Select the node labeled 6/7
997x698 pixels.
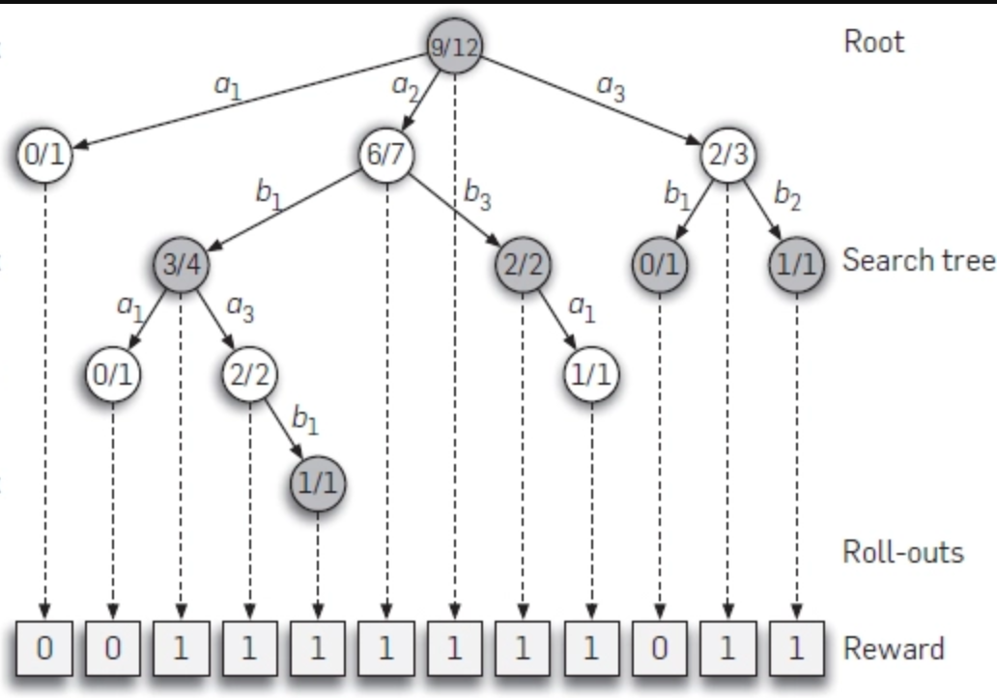tap(385, 155)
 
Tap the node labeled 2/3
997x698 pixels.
tap(727, 155)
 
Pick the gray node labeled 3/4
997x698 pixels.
tap(181, 264)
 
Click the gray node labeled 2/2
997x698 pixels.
tap(522, 264)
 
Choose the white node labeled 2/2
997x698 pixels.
tap(249, 373)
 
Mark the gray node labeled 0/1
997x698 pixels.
tap(659, 264)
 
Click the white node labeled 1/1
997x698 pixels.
tap(590, 373)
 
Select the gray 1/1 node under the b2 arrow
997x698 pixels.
tap(796, 264)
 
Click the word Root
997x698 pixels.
tap(874, 42)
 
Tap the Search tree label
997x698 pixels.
tap(918, 260)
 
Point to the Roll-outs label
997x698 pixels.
tap(903, 551)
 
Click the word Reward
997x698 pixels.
tap(894, 648)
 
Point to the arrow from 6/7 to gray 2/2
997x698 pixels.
tap(454, 210)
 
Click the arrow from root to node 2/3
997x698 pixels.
tap(599, 103)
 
